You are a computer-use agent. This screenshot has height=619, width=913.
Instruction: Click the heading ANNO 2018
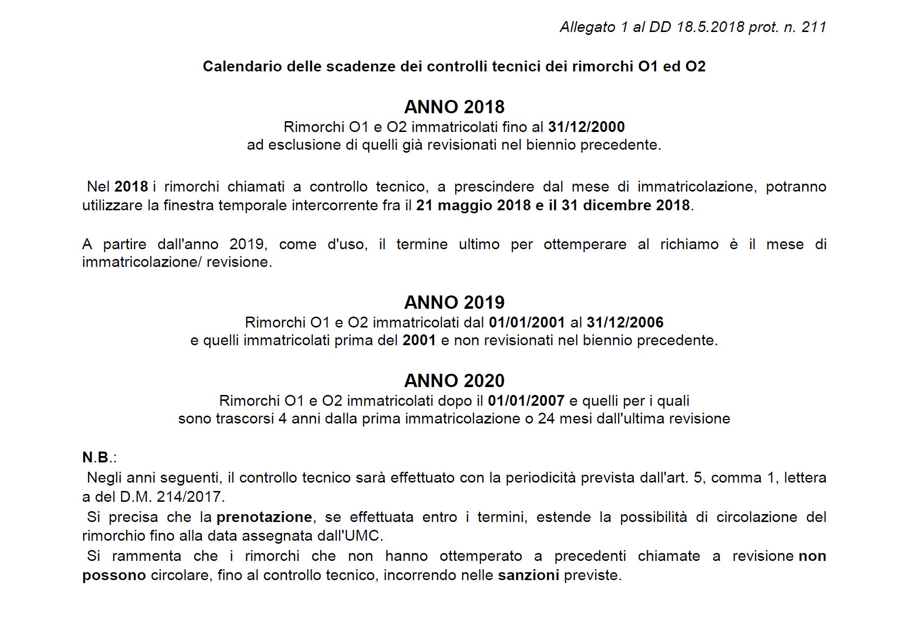(454, 107)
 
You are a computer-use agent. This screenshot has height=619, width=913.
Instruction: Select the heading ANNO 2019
(454, 302)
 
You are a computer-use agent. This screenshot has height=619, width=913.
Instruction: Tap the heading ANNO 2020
(454, 381)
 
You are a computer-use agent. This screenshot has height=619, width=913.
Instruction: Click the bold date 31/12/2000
(586, 127)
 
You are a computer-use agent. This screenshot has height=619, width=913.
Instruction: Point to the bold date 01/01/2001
(527, 323)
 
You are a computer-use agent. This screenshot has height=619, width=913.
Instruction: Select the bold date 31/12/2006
(625, 323)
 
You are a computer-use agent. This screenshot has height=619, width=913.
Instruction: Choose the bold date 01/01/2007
(526, 401)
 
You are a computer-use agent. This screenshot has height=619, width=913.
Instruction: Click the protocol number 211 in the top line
(814, 27)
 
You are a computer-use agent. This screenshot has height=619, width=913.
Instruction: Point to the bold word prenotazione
(264, 517)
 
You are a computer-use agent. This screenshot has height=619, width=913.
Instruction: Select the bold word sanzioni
(529, 575)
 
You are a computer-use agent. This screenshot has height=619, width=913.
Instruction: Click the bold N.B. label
(96, 457)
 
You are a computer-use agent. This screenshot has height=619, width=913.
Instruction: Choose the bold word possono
(114, 575)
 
